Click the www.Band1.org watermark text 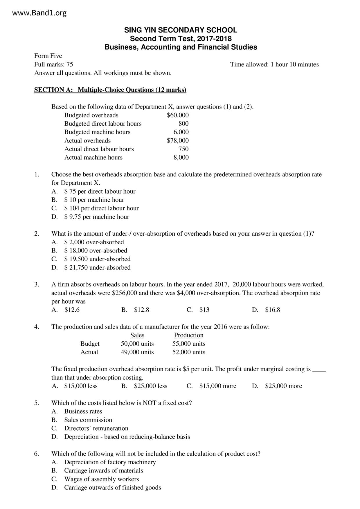[39, 13]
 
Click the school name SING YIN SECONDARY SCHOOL [181, 30]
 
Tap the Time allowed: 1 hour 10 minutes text [274, 64]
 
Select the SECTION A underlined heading [110, 90]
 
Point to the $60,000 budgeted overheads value [178, 115]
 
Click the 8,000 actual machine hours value [181, 158]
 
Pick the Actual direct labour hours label [99, 149]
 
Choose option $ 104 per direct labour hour [101, 208]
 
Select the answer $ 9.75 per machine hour [97, 217]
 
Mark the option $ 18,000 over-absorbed [96, 251]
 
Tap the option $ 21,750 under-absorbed [97, 268]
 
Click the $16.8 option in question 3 [272, 310]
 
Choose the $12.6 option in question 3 [72, 310]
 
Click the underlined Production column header [189, 335]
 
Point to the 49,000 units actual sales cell [137, 352]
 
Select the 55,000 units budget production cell [189, 344]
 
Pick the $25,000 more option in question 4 [283, 386]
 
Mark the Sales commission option [88, 420]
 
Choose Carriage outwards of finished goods [112, 488]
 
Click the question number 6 [37, 454]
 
